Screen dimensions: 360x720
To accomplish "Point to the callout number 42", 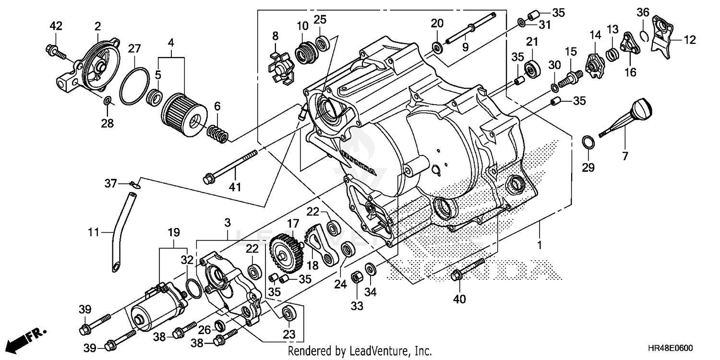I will [56, 26].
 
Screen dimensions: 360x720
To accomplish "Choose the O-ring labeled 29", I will [588, 143].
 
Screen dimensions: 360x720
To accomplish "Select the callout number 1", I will [539, 245].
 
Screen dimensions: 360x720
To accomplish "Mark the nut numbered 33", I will [357, 277].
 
